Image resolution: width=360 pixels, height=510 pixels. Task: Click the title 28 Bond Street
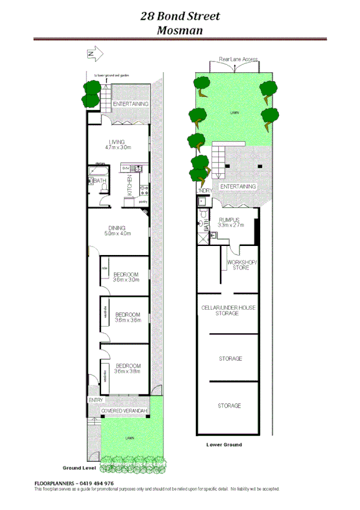pyautogui.click(x=180, y=16)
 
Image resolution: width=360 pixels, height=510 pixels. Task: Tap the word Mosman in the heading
pyautogui.click(x=180, y=30)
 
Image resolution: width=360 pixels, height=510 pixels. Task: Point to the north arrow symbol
pyautogui.click(x=92, y=55)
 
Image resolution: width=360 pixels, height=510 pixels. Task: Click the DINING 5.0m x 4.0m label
pyautogui.click(x=117, y=231)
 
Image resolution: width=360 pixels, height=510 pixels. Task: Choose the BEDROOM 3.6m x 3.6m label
pyautogui.click(x=127, y=318)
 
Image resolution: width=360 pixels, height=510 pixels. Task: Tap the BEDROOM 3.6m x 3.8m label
pyautogui.click(x=128, y=368)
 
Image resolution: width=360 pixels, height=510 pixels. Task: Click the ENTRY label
pyautogui.click(x=96, y=400)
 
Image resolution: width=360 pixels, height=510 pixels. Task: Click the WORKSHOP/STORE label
pyautogui.click(x=242, y=265)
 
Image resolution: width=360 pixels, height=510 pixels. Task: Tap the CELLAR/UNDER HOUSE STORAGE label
pyautogui.click(x=228, y=310)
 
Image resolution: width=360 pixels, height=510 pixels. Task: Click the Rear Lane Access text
pyautogui.click(x=238, y=60)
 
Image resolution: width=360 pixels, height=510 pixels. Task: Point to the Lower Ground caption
pyautogui.click(x=224, y=444)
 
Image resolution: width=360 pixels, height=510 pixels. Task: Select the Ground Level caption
pyautogui.click(x=79, y=467)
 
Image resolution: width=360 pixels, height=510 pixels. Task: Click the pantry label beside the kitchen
pyautogui.click(x=143, y=202)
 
